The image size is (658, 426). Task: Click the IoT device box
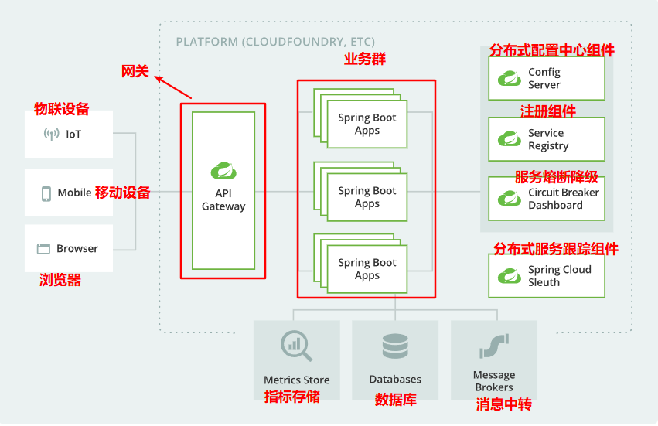click(69, 135)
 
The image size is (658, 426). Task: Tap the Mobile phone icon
click(46, 193)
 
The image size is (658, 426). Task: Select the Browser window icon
click(43, 249)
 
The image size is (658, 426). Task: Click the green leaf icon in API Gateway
click(223, 170)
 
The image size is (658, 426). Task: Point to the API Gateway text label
click(223, 199)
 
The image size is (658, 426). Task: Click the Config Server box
click(546, 78)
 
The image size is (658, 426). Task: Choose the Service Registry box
click(546, 139)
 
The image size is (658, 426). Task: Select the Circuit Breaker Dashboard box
click(546, 199)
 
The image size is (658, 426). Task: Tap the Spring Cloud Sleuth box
click(546, 276)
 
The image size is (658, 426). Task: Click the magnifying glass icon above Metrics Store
click(296, 346)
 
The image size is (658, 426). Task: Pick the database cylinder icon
click(395, 346)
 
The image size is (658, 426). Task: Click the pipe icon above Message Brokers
click(493, 346)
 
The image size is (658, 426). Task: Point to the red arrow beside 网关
click(172, 86)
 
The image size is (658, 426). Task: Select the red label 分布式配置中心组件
click(551, 50)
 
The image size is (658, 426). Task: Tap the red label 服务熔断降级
click(556, 176)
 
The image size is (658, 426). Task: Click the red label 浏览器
click(60, 280)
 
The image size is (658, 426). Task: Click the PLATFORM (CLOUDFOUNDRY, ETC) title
click(275, 42)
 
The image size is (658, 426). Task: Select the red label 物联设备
click(61, 109)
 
